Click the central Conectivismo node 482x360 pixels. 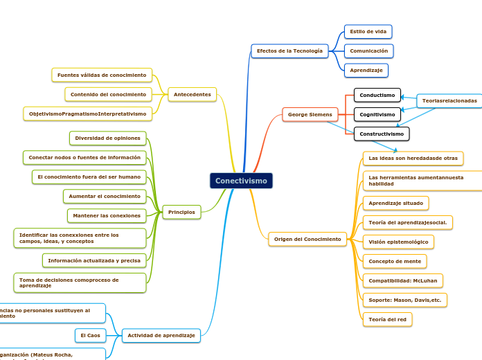click(x=241, y=181)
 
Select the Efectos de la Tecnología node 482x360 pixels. click(x=289, y=51)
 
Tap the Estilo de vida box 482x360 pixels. click(x=368, y=32)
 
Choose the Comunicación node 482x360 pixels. click(x=368, y=51)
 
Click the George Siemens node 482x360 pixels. click(x=310, y=114)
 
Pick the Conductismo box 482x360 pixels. click(x=377, y=95)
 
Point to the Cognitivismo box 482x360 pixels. click(x=377, y=114)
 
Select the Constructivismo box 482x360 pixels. click(x=382, y=134)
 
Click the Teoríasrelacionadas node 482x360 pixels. click(x=449, y=101)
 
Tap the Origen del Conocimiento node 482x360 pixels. click(x=307, y=240)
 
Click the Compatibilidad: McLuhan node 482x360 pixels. click(x=402, y=280)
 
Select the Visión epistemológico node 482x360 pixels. click(x=398, y=242)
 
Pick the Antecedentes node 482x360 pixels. click(x=193, y=94)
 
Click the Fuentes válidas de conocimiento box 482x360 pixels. click(x=102, y=75)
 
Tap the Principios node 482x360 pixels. click(x=181, y=212)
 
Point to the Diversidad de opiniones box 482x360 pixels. click(x=107, y=138)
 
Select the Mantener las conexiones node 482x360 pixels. click(x=107, y=216)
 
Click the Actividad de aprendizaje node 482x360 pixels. click(x=161, y=336)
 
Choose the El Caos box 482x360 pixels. click(x=90, y=336)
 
